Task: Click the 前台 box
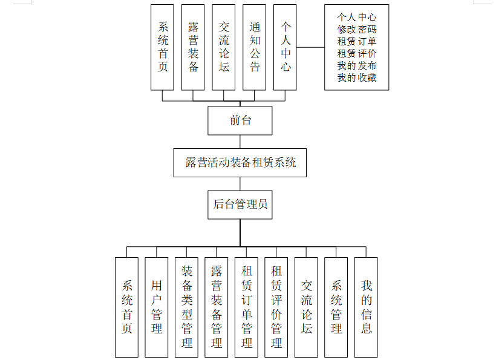click(240, 120)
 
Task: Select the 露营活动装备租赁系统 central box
click(240, 163)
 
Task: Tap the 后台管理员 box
click(240, 205)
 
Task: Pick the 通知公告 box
click(255, 47)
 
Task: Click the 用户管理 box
click(157, 307)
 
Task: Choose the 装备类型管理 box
click(187, 307)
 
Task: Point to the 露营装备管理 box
click(217, 307)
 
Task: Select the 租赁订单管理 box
click(247, 307)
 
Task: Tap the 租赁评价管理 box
click(276, 307)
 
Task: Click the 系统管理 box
click(336, 307)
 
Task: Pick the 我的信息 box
click(366, 307)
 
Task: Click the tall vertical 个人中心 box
click(285, 47)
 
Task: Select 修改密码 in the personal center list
click(357, 29)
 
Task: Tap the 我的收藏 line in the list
click(357, 77)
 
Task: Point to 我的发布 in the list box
click(357, 65)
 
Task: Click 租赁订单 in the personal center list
click(357, 41)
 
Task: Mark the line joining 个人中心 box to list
click(310, 47)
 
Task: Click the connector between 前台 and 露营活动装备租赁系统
click(240, 142)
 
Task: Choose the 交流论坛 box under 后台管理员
click(307, 307)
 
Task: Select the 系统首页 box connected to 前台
click(162, 47)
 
